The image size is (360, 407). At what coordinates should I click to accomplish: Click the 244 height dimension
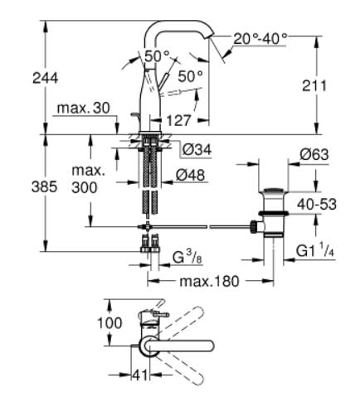pyautogui.click(x=46, y=78)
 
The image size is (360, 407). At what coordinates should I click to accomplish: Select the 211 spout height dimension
pyautogui.click(x=314, y=85)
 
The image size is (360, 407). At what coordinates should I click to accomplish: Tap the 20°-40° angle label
pyautogui.click(x=260, y=39)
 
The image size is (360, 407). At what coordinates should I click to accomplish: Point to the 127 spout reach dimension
pyautogui.click(x=178, y=120)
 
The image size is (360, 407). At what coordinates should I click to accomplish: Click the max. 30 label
pyautogui.click(x=84, y=108)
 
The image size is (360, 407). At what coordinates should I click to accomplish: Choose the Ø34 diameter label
pyautogui.click(x=197, y=150)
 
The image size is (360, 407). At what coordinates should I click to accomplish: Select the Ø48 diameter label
pyautogui.click(x=191, y=175)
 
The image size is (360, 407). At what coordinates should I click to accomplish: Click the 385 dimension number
pyautogui.click(x=44, y=187)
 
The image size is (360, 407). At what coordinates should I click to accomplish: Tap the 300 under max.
pyautogui.click(x=85, y=188)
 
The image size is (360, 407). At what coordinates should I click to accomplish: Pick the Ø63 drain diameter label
pyautogui.click(x=314, y=155)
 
